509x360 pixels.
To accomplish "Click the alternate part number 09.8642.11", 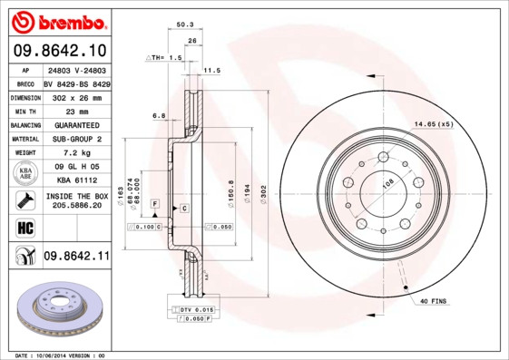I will tap(76, 257).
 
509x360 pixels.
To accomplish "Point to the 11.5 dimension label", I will tap(211, 70).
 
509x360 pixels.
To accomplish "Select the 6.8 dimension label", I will tap(158, 115).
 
